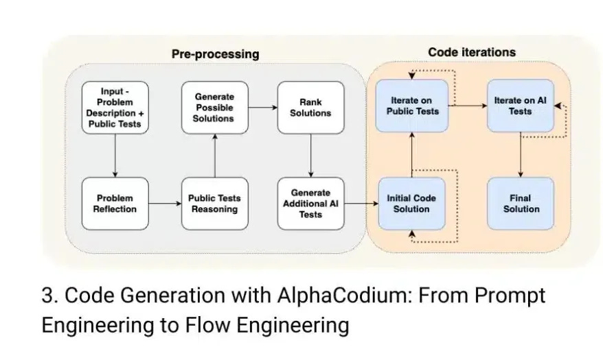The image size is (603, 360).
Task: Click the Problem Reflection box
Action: click(115, 204)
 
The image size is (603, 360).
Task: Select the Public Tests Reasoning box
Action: click(214, 204)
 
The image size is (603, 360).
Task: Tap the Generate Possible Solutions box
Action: click(214, 108)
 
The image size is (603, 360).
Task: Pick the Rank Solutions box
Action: click(310, 108)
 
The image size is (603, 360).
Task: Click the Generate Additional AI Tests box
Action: click(310, 204)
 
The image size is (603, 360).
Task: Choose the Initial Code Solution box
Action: click(412, 204)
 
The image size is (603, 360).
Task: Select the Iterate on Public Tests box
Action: click(412, 106)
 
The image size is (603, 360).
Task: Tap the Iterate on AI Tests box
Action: click(521, 106)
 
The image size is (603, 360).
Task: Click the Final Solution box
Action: click(521, 204)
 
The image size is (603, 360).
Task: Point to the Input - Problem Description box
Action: click(115, 108)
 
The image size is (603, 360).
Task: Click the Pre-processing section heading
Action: click(216, 54)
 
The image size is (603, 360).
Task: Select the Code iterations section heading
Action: click(472, 52)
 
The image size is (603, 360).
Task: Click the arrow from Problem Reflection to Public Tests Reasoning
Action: click(165, 204)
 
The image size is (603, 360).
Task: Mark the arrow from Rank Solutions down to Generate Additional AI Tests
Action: click(310, 156)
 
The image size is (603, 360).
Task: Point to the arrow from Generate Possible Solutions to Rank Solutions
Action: click(262, 108)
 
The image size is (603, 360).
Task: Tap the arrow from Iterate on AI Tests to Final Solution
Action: click(521, 155)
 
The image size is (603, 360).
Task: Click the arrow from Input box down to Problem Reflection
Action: click(115, 156)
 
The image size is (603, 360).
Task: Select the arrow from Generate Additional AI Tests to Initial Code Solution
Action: click(361, 204)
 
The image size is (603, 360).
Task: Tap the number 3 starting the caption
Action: click(47, 296)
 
